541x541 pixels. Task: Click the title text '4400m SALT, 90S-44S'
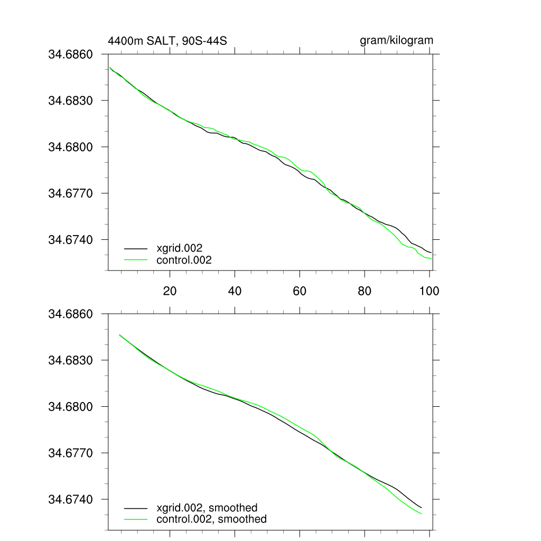[x=167, y=41]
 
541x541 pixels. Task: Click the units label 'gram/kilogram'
[x=396, y=40]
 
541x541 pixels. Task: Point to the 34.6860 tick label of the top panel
[x=70, y=54]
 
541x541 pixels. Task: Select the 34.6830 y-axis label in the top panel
[x=70, y=100]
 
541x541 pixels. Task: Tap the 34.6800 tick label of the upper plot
[x=70, y=147]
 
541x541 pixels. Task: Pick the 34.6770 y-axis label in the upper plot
[x=70, y=193]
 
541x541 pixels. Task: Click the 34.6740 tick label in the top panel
[x=70, y=240]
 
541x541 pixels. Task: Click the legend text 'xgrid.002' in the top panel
[x=180, y=248]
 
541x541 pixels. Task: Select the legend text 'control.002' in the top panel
[x=184, y=260]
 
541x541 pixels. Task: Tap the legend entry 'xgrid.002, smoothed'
[x=207, y=508]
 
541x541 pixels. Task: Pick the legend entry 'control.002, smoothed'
[x=211, y=519]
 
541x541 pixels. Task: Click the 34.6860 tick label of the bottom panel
[x=70, y=314]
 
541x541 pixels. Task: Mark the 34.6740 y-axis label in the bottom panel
[x=70, y=500]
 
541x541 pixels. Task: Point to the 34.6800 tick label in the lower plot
[x=70, y=407]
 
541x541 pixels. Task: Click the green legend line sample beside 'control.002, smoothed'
[x=135, y=519]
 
